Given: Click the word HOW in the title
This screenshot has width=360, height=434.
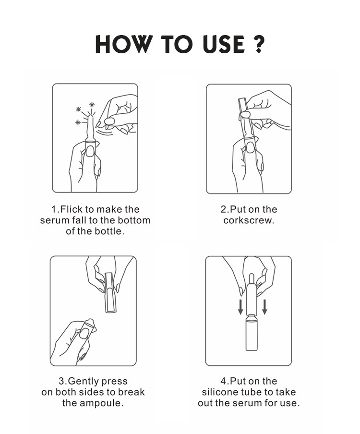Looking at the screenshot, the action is coord(124,44).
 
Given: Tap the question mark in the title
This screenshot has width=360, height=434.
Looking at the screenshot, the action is coord(259,44).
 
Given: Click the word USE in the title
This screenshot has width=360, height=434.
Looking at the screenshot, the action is coord(224,44).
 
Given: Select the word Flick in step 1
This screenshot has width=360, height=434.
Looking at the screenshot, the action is coord(72,209).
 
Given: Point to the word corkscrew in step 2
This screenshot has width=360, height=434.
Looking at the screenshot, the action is coord(249,220).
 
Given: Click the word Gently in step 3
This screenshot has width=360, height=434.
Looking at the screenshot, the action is coord(84,381).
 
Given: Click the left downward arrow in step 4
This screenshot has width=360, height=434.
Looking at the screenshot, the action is coord(241,306).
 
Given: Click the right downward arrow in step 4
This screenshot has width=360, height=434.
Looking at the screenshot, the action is coord(264,306).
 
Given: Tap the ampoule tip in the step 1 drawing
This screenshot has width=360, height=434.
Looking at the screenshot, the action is coord(90,117).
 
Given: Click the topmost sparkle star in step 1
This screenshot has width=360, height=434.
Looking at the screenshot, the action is coord(92,105).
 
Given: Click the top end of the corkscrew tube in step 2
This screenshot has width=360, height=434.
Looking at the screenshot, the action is coord(241,99).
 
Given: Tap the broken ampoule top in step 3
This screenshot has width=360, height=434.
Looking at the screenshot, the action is coord(89,322).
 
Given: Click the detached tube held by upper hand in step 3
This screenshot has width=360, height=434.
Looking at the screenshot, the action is coord(110,292).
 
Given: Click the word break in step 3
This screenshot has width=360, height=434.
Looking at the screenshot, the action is coord(131,392).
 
